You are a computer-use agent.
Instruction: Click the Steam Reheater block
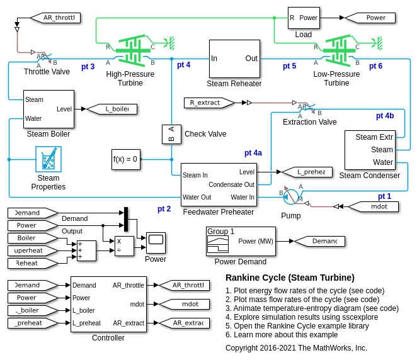[234, 59]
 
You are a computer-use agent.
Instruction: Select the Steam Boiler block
[49, 109]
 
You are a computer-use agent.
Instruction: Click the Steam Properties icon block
[49, 159]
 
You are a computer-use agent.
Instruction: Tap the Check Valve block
[171, 134]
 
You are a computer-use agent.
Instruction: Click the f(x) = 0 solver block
[125, 159]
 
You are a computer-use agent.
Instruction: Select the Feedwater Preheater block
[219, 184]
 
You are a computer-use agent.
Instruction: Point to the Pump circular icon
[290, 197]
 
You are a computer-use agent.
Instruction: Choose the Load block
[304, 18]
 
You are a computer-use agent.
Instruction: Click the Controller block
[108, 304]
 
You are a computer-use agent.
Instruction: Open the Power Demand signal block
[241, 241]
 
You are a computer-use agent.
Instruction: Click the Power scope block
[156, 240]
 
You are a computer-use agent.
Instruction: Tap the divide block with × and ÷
[124, 245]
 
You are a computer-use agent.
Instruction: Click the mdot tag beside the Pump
[372, 206]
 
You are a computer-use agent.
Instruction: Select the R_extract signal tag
[209, 103]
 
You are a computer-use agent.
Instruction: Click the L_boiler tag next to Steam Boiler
[111, 109]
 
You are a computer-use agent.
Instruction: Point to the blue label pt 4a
[253, 153]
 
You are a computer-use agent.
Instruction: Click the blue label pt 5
[289, 66]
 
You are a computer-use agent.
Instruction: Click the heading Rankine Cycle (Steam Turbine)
[290, 278]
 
